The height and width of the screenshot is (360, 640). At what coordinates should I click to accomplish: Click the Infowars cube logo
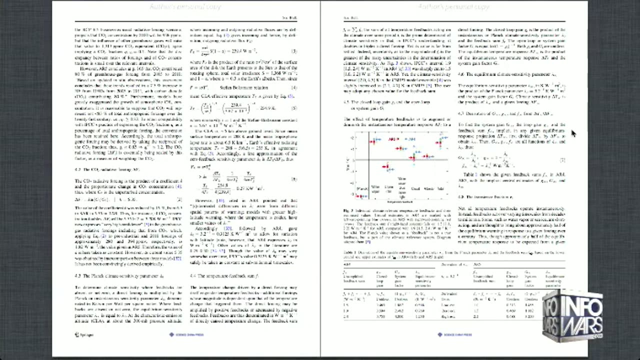pyautogui.click(x=572, y=316)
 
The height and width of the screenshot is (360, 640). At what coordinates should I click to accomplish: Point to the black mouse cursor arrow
pyautogui.click(x=573, y=133)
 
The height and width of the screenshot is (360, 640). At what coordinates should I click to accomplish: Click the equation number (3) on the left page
pyautogui.click(x=294, y=51)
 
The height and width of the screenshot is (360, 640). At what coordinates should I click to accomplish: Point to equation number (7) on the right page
pyautogui.click(x=562, y=160)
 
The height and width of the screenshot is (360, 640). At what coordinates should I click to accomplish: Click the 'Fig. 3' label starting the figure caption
pyautogui.click(x=348, y=211)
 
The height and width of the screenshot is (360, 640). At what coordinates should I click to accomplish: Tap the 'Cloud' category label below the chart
pyautogui.click(x=415, y=188)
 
